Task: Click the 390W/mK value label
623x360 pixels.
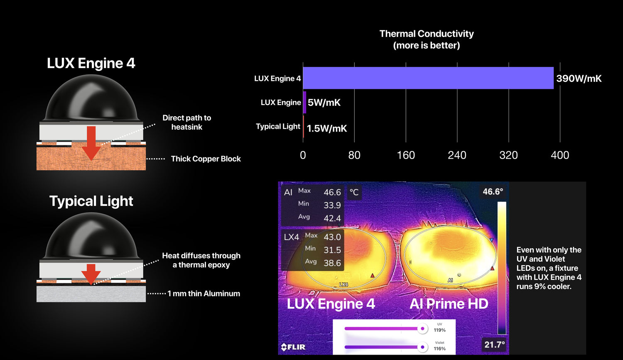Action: pyautogui.click(x=579, y=78)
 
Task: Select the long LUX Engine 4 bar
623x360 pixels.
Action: pyautogui.click(x=428, y=78)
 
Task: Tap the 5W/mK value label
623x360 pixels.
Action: pyautogui.click(x=324, y=103)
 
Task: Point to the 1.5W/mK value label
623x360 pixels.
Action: pyautogui.click(x=327, y=128)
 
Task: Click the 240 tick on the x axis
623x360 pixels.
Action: pyautogui.click(x=457, y=155)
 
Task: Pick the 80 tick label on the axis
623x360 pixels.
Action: pyautogui.click(x=354, y=155)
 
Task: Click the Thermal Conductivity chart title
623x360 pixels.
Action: pyautogui.click(x=427, y=39)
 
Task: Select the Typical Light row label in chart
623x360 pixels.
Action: pyautogui.click(x=278, y=127)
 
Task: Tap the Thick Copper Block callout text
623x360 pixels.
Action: pyautogui.click(x=206, y=159)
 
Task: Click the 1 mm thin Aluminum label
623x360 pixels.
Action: pyautogui.click(x=204, y=294)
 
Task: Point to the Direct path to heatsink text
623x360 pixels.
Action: pyautogui.click(x=186, y=122)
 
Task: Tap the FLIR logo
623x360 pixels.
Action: pyautogui.click(x=293, y=347)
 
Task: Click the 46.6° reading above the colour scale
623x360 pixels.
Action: pyautogui.click(x=493, y=191)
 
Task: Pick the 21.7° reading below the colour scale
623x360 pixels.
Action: pyautogui.click(x=495, y=345)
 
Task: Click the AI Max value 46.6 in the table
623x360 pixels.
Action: pyautogui.click(x=332, y=192)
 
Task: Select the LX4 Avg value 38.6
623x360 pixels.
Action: pyautogui.click(x=332, y=263)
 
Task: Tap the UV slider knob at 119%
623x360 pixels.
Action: pyautogui.click(x=422, y=328)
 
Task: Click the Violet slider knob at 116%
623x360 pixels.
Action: pyautogui.click(x=422, y=347)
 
